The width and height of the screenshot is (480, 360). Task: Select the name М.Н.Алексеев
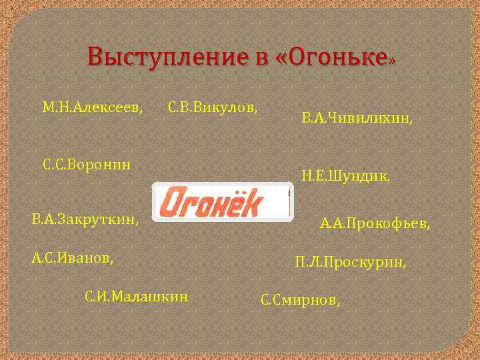tap(93, 107)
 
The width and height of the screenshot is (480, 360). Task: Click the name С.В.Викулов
tap(213, 107)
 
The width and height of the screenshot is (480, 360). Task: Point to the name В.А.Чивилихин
tap(357, 118)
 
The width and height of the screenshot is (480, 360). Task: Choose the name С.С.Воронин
tap(87, 163)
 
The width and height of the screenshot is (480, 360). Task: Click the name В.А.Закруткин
tap(85, 219)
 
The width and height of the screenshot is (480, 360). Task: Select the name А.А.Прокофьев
tap(375, 223)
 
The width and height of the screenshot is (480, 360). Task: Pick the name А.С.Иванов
tap(72, 257)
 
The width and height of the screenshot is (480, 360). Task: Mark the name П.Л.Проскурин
tap(350, 263)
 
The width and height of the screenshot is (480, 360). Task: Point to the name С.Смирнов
tap(299, 300)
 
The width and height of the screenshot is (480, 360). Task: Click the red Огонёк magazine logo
tap(223, 201)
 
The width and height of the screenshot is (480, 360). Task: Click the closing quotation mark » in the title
tap(392, 59)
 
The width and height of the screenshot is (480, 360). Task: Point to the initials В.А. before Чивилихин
tap(313, 118)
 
